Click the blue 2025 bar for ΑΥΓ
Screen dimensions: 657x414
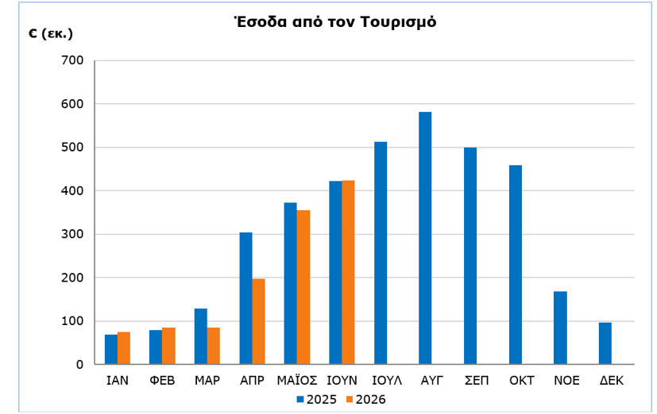[x=425, y=238]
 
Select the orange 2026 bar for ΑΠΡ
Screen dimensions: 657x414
[x=258, y=321]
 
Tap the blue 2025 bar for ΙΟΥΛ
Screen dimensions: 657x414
[x=381, y=253]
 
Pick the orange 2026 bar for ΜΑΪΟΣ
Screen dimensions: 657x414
[x=303, y=287]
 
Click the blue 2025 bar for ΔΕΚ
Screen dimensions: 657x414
[x=605, y=343]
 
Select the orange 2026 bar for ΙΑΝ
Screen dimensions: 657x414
[x=124, y=348]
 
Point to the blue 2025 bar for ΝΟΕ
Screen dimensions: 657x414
[x=560, y=328]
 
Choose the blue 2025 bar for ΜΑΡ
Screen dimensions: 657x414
[x=201, y=336]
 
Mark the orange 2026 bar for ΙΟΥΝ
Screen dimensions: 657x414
[x=348, y=272]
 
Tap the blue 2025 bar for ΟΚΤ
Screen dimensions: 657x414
[x=516, y=265]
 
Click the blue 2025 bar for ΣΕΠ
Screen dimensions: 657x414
[x=470, y=256]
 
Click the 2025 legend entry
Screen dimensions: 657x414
[x=316, y=400]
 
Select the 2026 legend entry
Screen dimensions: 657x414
[x=365, y=400]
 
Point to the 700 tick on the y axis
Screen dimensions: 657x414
[x=72, y=60]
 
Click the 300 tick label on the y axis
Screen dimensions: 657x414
[x=72, y=234]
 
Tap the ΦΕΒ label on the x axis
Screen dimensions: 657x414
[x=162, y=381]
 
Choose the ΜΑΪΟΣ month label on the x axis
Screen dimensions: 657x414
[x=297, y=381]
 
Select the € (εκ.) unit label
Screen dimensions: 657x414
[x=51, y=33]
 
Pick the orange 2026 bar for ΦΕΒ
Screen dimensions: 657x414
[x=168, y=346]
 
